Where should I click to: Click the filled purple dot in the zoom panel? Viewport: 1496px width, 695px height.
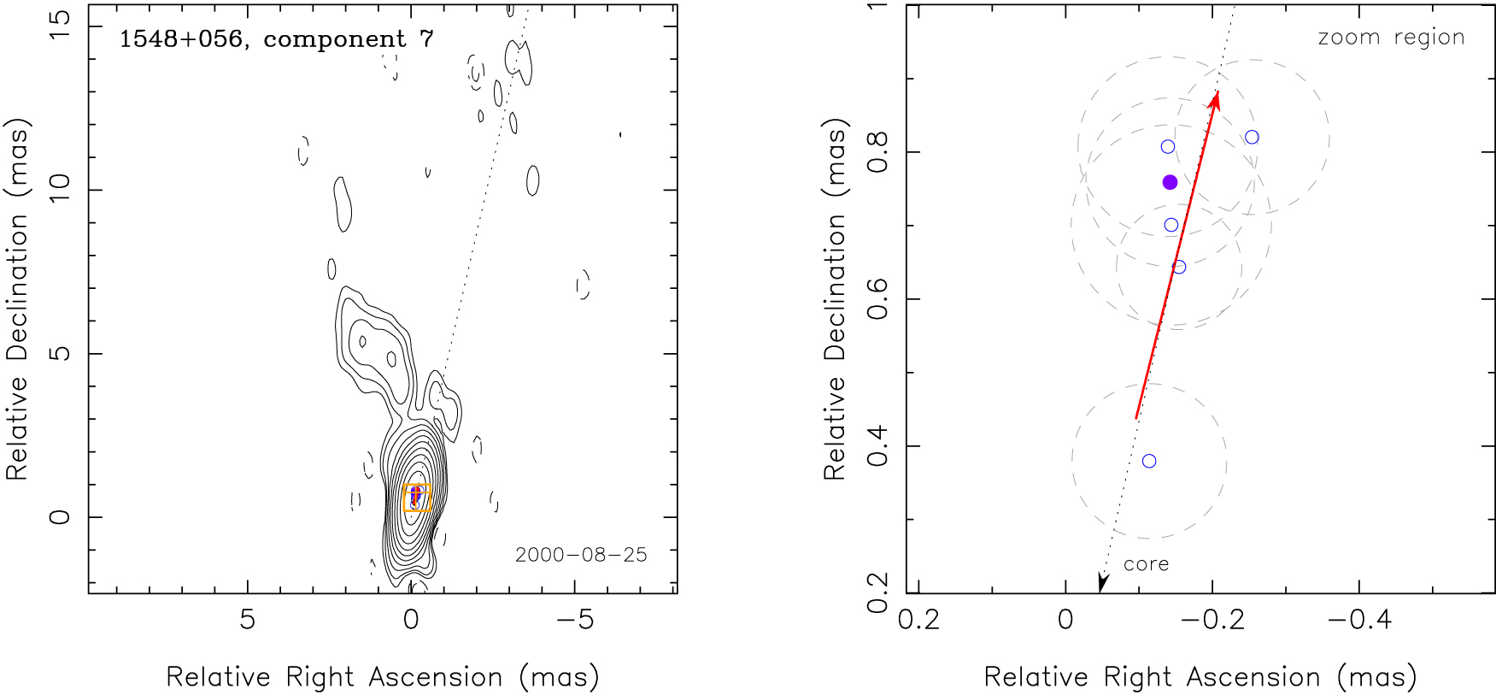[1170, 182]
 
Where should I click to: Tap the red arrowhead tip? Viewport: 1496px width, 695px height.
[1217, 92]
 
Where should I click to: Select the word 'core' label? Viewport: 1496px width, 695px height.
[1146, 564]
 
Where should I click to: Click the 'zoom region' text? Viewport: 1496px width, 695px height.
[1391, 38]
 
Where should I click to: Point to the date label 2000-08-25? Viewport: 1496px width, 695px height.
[581, 555]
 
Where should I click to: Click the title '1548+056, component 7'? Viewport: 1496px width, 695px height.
[276, 39]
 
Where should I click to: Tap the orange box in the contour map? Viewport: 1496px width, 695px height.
[417, 498]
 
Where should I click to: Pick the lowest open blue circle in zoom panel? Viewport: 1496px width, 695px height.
[1149, 461]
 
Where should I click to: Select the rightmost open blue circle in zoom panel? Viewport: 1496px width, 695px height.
[1252, 137]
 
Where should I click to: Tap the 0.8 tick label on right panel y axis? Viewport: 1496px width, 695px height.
[877, 151]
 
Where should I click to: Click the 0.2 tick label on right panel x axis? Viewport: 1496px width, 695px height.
[919, 620]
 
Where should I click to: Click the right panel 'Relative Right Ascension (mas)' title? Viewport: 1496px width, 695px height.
[1200, 677]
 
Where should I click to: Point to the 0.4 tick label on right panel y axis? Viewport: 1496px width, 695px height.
[877, 446]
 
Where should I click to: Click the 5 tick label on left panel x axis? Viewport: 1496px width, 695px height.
[247, 620]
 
